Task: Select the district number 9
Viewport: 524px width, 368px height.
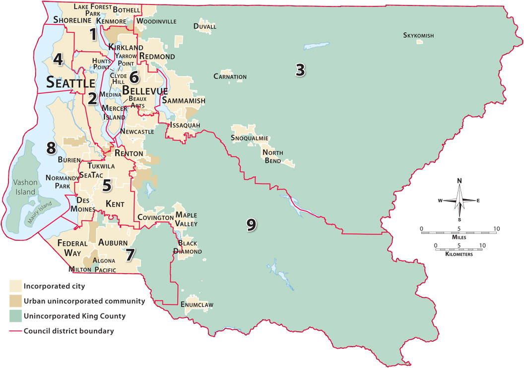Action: click(x=251, y=224)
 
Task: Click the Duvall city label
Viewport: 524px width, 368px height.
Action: click(x=205, y=26)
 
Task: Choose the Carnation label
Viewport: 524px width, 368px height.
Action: click(x=230, y=76)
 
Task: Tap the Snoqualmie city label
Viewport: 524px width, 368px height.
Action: click(x=250, y=138)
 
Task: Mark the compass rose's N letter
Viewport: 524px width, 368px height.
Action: click(x=459, y=180)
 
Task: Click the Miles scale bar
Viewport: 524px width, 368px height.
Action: click(x=458, y=232)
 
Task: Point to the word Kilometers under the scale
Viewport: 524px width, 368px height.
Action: click(x=458, y=254)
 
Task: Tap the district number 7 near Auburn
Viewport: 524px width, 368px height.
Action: click(x=130, y=254)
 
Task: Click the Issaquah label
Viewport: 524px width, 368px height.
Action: click(x=185, y=125)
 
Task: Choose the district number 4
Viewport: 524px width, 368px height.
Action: click(x=58, y=60)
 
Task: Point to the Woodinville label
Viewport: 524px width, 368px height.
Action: click(x=156, y=21)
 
